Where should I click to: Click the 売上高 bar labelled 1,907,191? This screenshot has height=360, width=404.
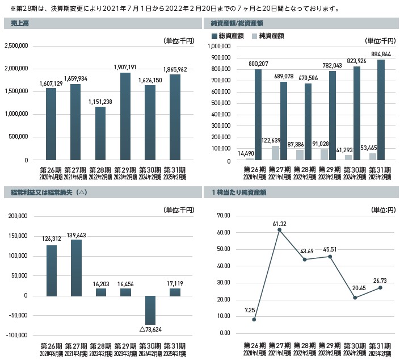[125, 116]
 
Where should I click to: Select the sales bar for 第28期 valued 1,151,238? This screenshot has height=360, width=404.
[100, 133]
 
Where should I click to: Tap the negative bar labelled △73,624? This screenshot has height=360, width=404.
[150, 310]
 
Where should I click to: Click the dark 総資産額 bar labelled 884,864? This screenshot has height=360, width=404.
[381, 110]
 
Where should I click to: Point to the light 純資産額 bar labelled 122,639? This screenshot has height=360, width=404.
[275, 153]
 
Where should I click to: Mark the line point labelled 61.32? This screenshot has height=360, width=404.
[280, 230]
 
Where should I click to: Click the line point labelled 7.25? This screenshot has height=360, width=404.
[254, 320]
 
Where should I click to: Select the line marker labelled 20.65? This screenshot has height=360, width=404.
[355, 298]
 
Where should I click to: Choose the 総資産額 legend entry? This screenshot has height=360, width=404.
[226, 36]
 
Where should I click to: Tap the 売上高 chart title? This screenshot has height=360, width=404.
[19, 23]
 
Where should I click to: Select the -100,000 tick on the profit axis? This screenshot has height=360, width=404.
[18, 335]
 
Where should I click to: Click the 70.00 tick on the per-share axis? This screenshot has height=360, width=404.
[222, 216]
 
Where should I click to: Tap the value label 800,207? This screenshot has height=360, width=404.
[258, 64]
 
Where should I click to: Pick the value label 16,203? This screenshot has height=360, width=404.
[100, 282]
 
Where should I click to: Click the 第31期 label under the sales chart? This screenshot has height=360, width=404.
[174, 170]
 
